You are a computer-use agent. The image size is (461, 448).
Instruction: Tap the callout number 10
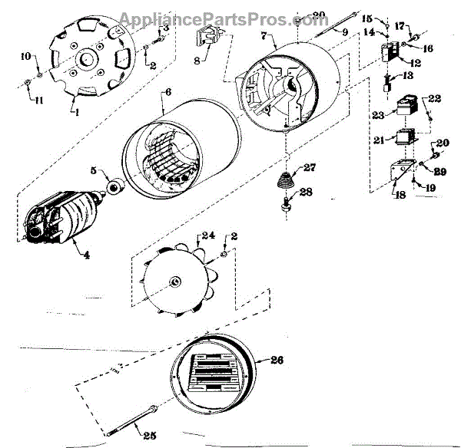click(25, 57)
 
